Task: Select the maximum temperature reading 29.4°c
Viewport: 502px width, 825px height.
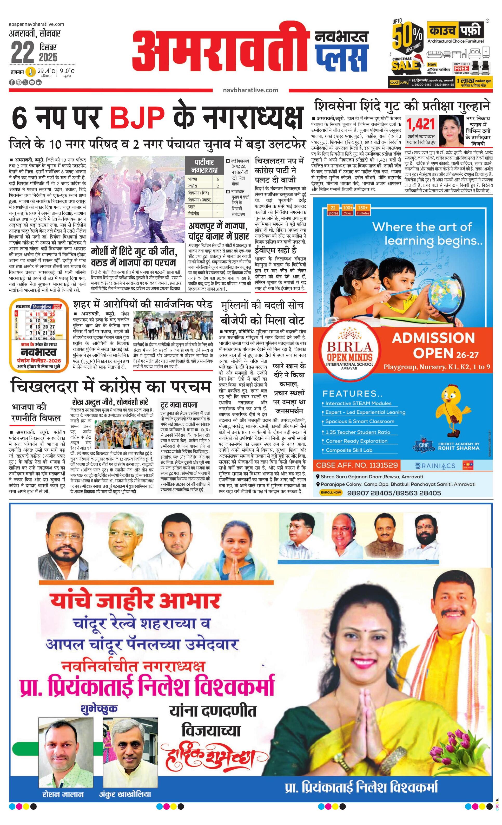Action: pyautogui.click(x=46, y=71)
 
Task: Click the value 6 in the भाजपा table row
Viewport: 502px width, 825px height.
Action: pyautogui.click(x=217, y=179)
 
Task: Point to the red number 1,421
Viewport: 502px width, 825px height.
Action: pyautogui.click(x=421, y=125)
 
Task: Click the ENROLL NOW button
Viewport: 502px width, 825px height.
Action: pyautogui.click(x=331, y=492)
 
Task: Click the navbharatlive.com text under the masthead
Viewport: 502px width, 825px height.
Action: pyautogui.click(x=250, y=90)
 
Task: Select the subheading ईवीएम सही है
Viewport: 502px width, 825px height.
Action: pyautogui.click(x=275, y=250)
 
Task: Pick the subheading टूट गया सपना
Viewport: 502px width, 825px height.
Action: pyautogui.click(x=179, y=405)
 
